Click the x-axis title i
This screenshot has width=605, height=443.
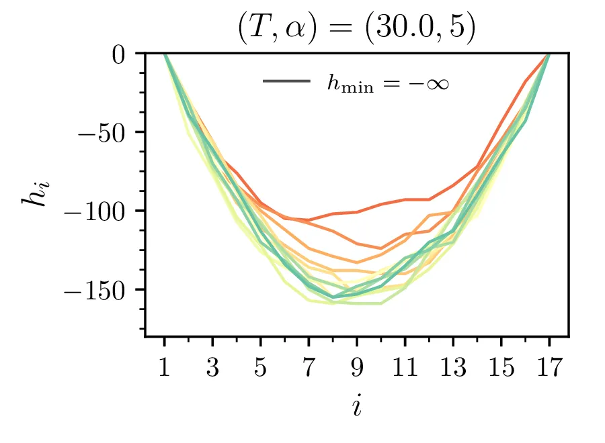click(x=356, y=405)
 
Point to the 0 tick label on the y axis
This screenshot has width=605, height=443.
click(x=120, y=54)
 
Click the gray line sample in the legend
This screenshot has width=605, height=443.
click(x=286, y=82)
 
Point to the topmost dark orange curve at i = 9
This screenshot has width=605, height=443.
click(x=357, y=212)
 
